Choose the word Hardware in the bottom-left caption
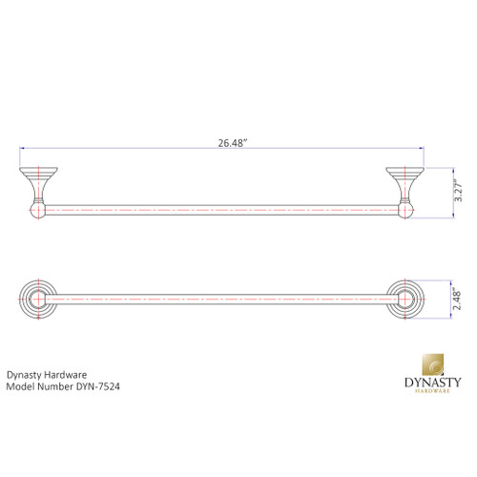click(x=72, y=376)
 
